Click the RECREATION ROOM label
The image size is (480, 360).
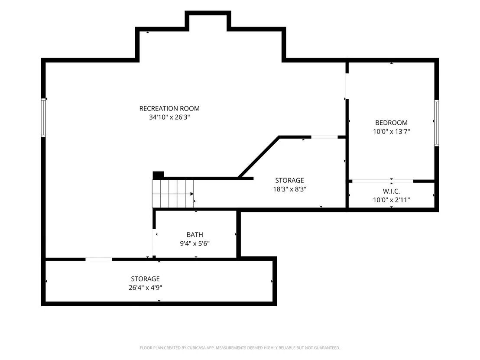(169, 108)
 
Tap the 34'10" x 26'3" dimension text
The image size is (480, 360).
(169, 117)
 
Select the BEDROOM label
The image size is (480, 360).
(391, 123)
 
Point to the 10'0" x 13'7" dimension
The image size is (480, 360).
(391, 131)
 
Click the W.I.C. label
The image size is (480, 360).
(391, 191)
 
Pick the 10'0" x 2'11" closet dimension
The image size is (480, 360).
(391, 200)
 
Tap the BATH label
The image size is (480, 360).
(195, 235)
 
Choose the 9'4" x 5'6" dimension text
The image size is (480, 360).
(195, 243)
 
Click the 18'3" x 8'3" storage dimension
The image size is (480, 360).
(289, 189)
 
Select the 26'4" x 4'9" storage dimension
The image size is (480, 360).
(146, 288)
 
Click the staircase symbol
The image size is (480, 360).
(173, 194)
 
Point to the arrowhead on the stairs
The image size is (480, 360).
(192, 194)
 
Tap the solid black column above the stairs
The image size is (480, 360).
(158, 175)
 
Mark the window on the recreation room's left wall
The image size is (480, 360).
(43, 117)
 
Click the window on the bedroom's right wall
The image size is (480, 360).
(437, 123)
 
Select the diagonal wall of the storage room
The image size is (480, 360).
(259, 157)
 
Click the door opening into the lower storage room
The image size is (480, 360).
(99, 259)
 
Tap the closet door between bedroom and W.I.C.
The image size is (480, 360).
(383, 181)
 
